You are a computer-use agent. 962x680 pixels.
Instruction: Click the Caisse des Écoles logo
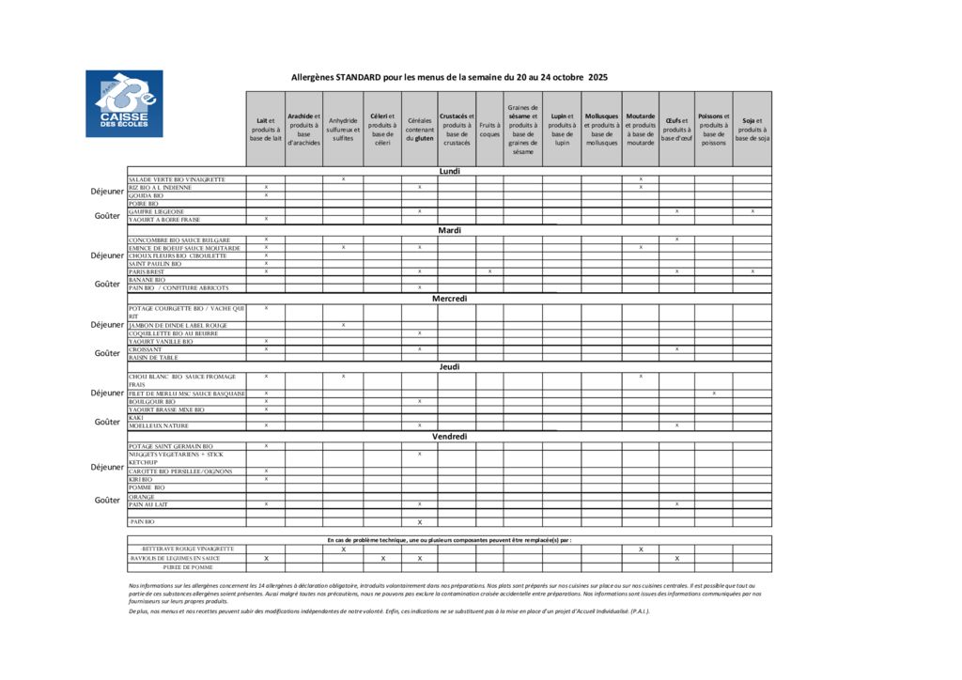click(x=124, y=103)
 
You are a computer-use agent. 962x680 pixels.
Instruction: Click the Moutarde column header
click(x=640, y=129)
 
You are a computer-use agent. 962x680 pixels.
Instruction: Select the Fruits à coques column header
click(x=489, y=129)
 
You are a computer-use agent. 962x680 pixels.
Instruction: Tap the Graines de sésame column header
click(x=522, y=129)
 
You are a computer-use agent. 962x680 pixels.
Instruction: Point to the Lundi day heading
click(x=449, y=171)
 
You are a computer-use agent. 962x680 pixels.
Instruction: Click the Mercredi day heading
click(x=449, y=299)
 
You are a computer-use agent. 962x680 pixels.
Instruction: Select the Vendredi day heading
click(x=449, y=437)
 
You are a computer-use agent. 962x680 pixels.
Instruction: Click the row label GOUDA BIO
click(x=147, y=195)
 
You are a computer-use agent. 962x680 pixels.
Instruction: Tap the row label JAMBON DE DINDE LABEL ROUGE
click(x=178, y=325)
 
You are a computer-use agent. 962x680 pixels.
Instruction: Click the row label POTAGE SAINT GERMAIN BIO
click(x=171, y=446)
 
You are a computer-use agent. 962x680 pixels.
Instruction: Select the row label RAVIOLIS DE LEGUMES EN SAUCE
click(x=175, y=558)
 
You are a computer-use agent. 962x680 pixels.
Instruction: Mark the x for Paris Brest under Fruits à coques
click(x=489, y=271)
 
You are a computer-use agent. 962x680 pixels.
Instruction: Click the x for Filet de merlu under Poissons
click(x=714, y=393)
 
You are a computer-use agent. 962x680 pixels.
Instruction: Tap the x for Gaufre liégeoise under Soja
click(x=753, y=211)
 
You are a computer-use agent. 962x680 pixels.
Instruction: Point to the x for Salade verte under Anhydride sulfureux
click(x=343, y=178)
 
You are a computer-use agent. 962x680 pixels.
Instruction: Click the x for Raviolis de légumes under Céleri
click(x=382, y=558)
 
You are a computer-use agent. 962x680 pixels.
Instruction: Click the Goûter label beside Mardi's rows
click(x=107, y=284)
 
